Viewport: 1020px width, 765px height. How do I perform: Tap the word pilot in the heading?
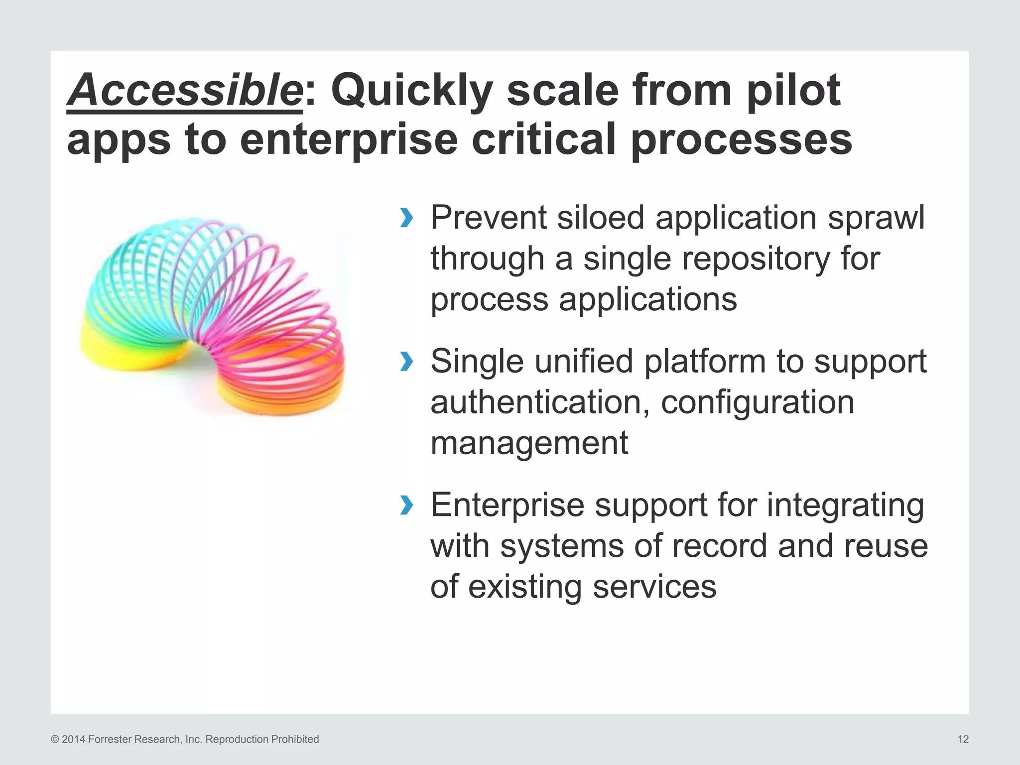pyautogui.click(x=793, y=91)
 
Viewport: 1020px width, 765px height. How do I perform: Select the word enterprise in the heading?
pyautogui.click(x=348, y=140)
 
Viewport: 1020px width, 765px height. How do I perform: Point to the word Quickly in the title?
pyautogui.click(x=411, y=91)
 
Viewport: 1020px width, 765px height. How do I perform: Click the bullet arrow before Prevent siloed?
pyautogui.click(x=406, y=218)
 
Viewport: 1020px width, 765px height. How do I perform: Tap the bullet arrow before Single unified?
pyautogui.click(x=406, y=362)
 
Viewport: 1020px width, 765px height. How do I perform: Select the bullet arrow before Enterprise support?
pyautogui.click(x=406, y=506)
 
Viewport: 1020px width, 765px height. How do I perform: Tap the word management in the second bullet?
pyautogui.click(x=529, y=443)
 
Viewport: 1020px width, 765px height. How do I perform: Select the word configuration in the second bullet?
pyautogui.click(x=757, y=402)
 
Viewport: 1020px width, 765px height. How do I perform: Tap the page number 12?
pyautogui.click(x=963, y=740)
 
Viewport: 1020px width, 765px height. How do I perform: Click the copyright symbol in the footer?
pyautogui.click(x=55, y=740)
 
